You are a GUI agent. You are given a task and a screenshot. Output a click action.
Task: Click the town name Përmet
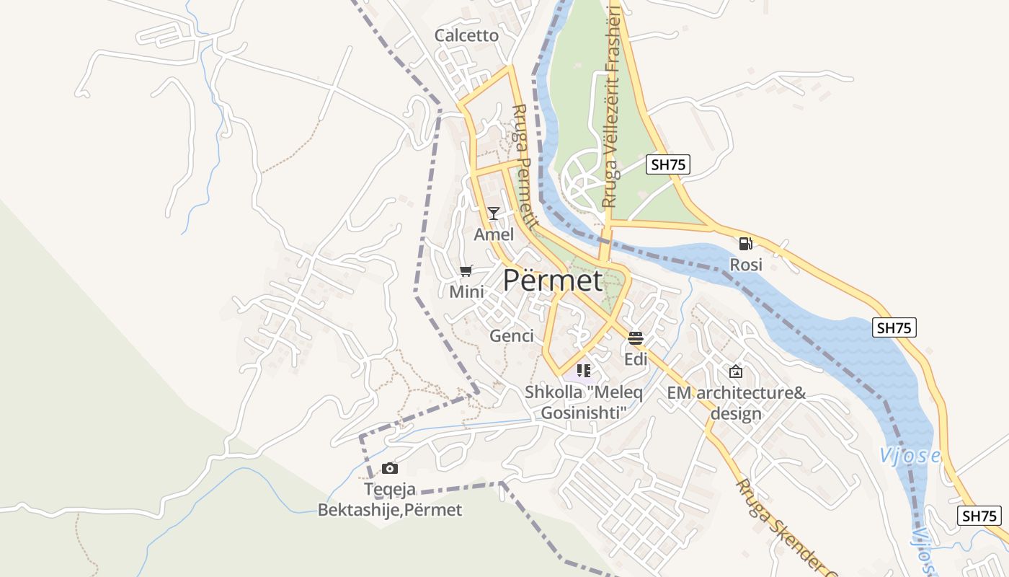point(553,280)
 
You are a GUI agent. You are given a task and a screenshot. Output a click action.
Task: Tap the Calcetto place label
point(466,35)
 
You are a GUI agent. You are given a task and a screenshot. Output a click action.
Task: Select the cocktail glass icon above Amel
point(494,213)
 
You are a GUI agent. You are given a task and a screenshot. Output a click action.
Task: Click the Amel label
point(494,234)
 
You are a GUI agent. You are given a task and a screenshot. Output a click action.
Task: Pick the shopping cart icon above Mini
point(466,271)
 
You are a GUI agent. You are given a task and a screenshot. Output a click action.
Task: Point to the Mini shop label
point(466,292)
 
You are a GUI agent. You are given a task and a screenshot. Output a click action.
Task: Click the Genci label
point(512,335)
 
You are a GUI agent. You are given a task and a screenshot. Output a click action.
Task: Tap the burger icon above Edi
point(635,338)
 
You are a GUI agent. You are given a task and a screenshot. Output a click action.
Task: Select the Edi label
point(636,359)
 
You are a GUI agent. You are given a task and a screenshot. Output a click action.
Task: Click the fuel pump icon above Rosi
point(746,244)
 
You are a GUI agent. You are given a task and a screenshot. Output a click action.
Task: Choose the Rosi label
point(746,265)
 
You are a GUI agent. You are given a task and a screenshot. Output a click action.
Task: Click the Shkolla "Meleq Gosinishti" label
point(584,402)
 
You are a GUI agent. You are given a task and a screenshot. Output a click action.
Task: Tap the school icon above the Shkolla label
point(584,371)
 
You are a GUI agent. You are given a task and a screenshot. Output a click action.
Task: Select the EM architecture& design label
point(736,403)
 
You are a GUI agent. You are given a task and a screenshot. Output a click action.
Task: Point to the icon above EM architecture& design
point(736,371)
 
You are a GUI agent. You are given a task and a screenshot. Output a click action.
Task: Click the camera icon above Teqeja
point(390,469)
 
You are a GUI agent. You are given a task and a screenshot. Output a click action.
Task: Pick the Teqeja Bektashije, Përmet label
point(390,500)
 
